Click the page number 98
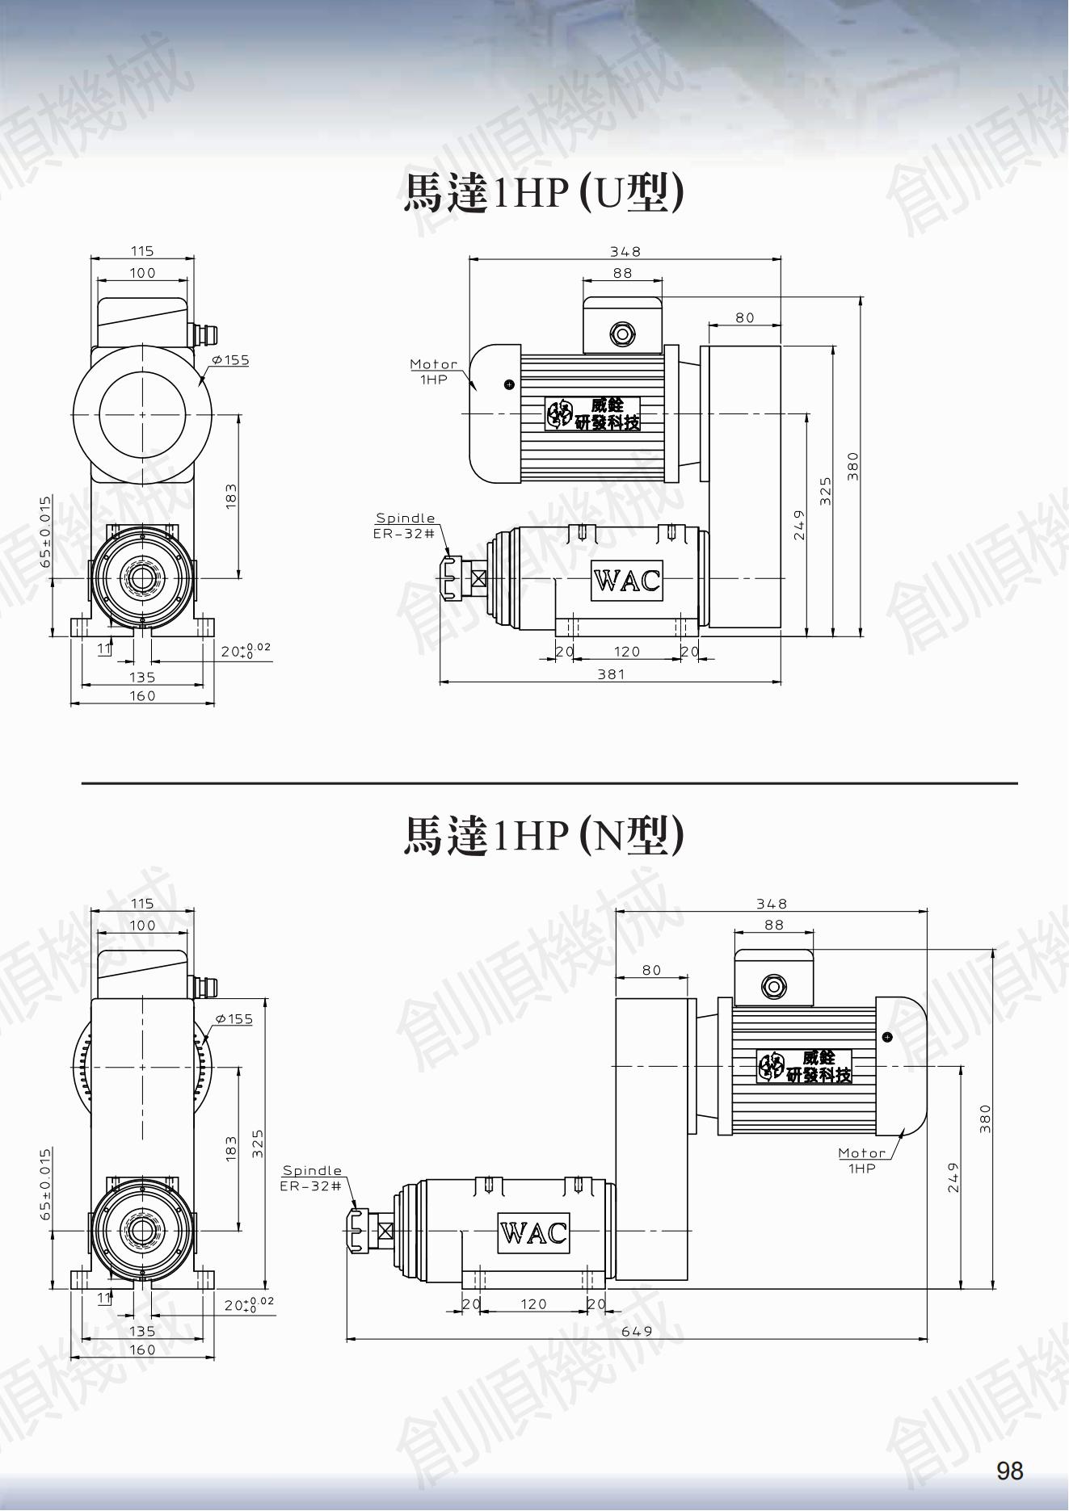click(x=1010, y=1471)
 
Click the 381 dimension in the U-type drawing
click(x=611, y=674)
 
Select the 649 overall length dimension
click(x=637, y=1331)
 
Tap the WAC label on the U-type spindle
click(x=627, y=581)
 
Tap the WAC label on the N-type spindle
click(x=533, y=1232)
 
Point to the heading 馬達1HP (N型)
click(x=543, y=835)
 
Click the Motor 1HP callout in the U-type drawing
click(x=434, y=371)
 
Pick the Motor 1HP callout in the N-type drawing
click(x=862, y=1160)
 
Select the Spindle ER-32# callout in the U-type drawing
click(x=405, y=526)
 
